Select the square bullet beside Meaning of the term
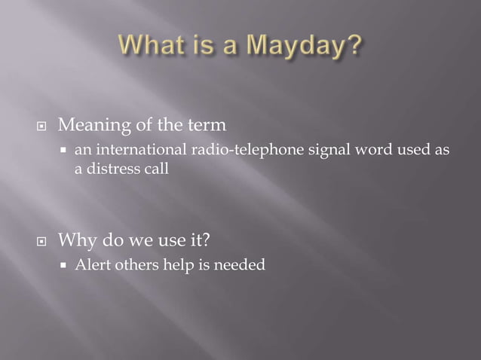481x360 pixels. pyautogui.click(x=44, y=124)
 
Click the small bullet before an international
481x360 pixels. pyautogui.click(x=65, y=151)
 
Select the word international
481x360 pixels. pyautogui.click(x=129, y=151)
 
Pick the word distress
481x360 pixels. pyautogui.click(x=111, y=169)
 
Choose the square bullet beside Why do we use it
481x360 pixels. pyautogui.click(x=44, y=243)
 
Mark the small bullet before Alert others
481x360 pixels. pyautogui.click(x=65, y=266)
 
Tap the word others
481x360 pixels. pyautogui.click(x=128, y=265)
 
